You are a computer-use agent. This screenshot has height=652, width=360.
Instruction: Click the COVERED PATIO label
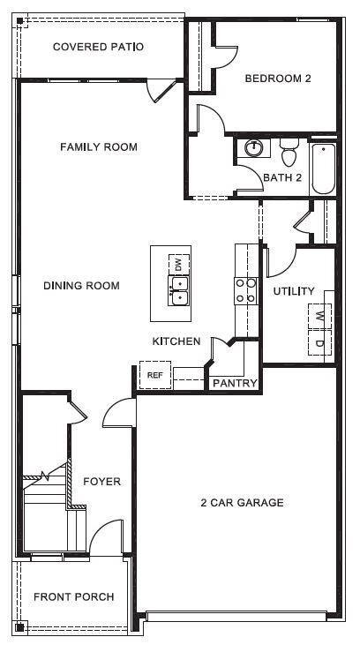(97, 47)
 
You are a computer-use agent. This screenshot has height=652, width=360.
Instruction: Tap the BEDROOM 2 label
(278, 79)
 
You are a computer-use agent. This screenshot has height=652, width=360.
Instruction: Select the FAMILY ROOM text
(98, 146)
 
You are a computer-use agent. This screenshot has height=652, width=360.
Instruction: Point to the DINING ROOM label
(81, 286)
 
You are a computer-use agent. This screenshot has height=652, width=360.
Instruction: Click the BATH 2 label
(282, 177)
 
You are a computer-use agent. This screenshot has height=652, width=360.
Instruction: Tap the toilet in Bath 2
(289, 156)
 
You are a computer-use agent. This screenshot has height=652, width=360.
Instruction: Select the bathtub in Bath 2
(323, 168)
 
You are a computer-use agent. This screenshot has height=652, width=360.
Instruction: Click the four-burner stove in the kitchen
(246, 290)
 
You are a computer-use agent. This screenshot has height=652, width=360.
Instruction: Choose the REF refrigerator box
(155, 375)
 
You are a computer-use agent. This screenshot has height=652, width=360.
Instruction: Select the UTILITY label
(294, 291)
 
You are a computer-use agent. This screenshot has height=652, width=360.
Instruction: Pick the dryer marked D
(319, 342)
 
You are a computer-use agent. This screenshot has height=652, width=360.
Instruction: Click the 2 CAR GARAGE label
(241, 503)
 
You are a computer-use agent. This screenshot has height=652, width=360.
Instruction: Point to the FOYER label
(101, 482)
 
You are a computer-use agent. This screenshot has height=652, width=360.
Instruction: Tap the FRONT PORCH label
(73, 597)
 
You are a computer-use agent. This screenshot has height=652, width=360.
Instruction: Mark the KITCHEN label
(176, 341)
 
